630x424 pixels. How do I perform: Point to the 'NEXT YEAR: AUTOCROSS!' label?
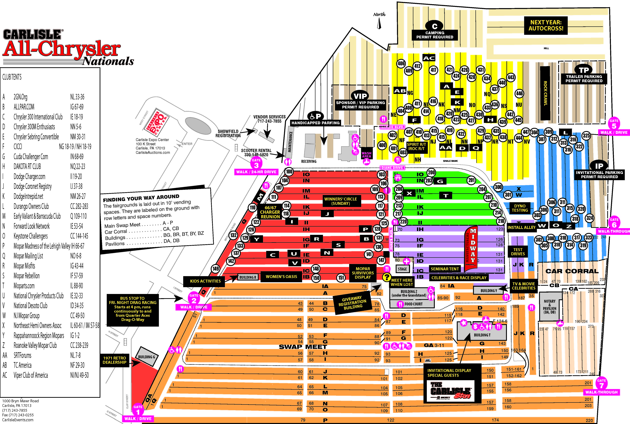tap(546, 25)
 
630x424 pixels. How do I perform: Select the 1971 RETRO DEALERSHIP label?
tap(115, 360)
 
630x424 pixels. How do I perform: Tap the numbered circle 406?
tap(401, 63)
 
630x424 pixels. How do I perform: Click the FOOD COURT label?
tap(413, 304)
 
